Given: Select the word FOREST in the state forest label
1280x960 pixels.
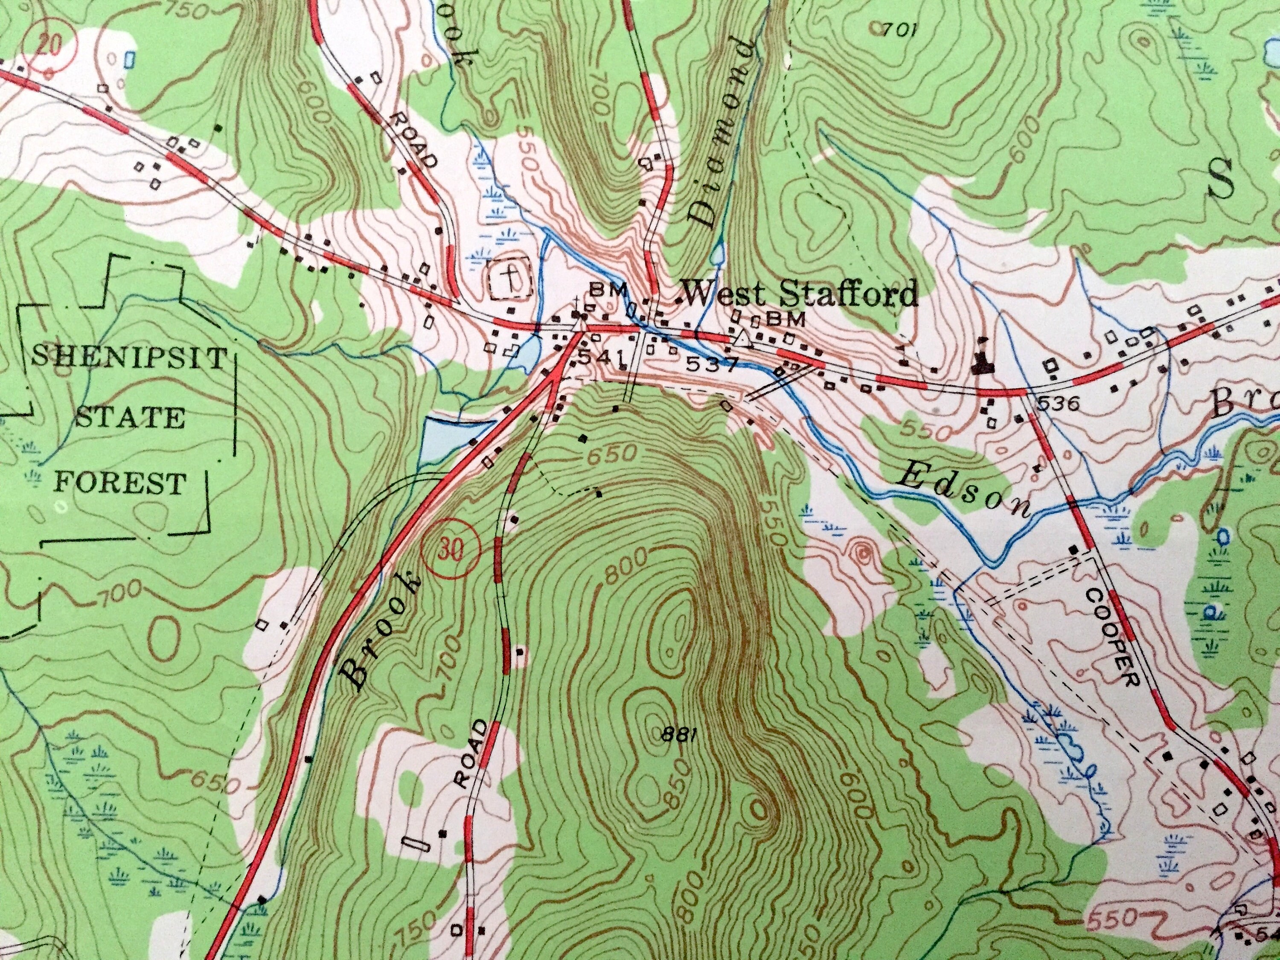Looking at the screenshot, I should coord(120,482).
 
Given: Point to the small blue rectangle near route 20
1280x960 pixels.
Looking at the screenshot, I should coord(130,58).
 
